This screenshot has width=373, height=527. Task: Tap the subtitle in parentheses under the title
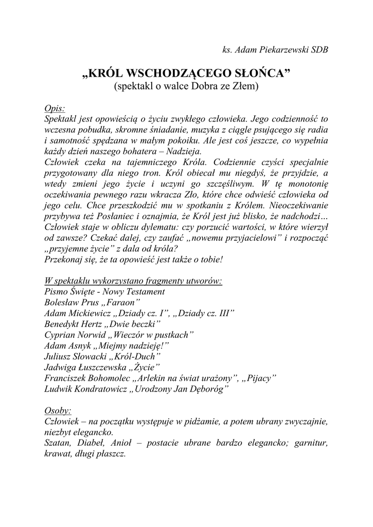pos(186,86)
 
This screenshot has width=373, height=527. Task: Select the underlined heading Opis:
pos(55,109)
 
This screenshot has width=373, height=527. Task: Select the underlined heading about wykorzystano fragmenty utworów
pos(133,281)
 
